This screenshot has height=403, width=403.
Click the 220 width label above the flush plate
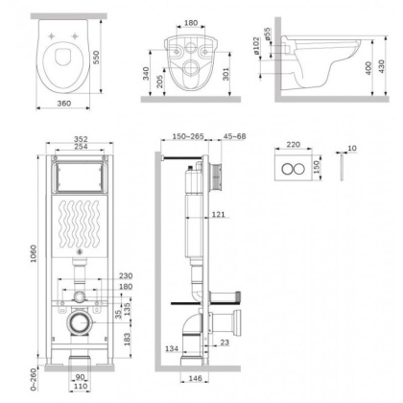point(294,146)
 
